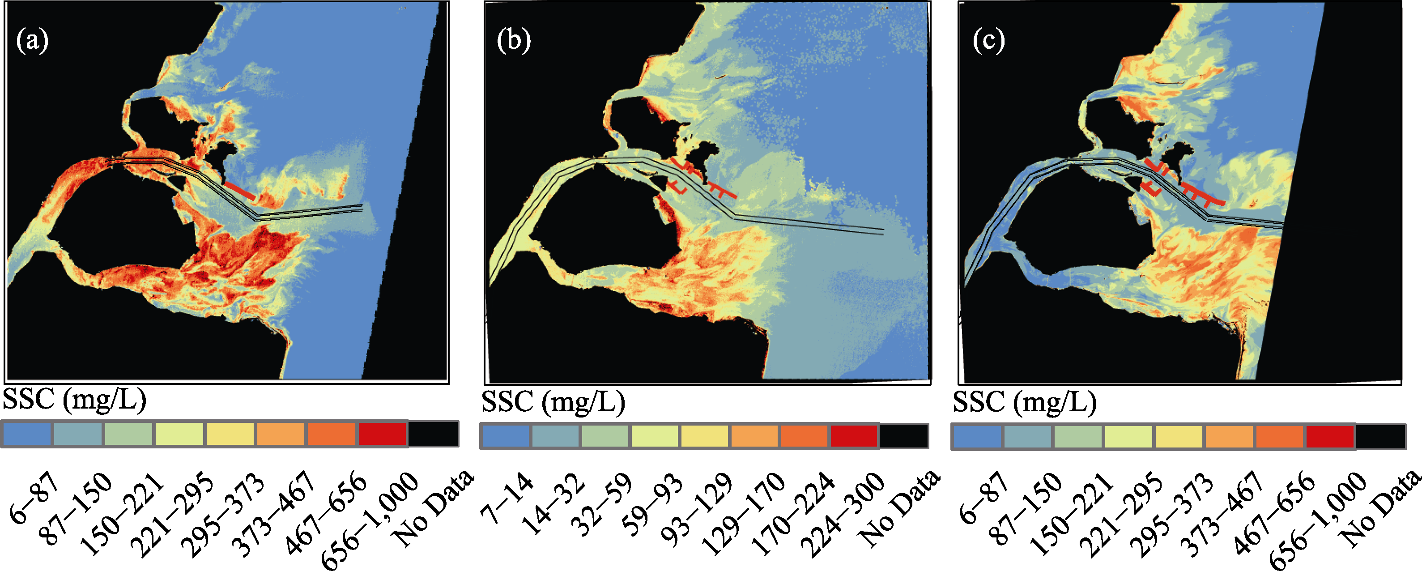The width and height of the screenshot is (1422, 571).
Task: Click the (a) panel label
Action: [x=32, y=41]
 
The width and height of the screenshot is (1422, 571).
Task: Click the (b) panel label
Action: [x=513, y=41]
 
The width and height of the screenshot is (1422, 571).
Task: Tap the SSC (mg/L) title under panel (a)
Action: [x=75, y=399]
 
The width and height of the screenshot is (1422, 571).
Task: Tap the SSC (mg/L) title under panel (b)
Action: [x=553, y=401]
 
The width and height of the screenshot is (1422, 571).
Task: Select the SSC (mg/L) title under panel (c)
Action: [x=1025, y=401]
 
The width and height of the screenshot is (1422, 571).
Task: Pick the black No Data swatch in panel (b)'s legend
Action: [x=904, y=436]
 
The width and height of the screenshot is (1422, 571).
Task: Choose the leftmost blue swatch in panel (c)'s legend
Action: [x=976, y=437]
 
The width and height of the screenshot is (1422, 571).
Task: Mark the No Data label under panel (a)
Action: [x=434, y=508]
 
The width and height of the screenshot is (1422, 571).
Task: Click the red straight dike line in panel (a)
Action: [x=239, y=192]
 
